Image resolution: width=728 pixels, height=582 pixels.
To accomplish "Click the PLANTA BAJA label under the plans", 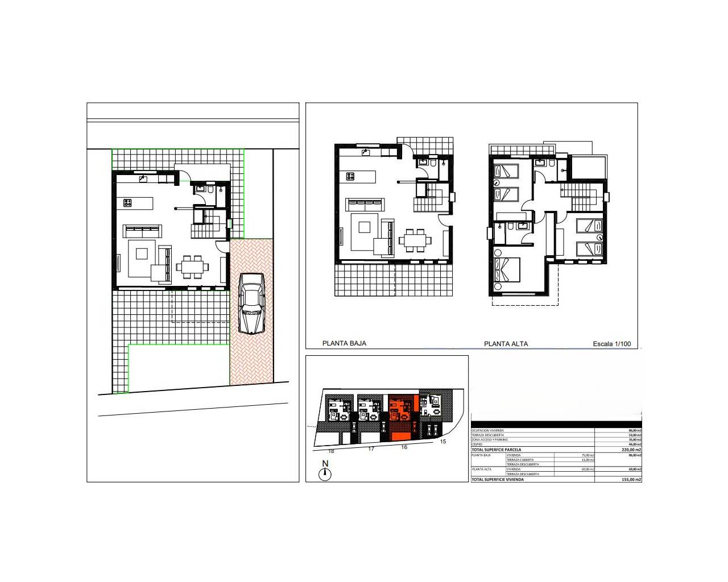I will pos(344,343).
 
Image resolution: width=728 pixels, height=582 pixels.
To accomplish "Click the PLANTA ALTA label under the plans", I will pos(506,344).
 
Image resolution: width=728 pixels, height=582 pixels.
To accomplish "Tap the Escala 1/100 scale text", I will pos(611,344).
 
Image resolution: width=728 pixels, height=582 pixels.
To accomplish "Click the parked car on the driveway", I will pos(251,303).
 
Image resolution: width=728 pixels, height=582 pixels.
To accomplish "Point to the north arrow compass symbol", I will pos(325,472).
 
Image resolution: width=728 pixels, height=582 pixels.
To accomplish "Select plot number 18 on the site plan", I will pos(331,451).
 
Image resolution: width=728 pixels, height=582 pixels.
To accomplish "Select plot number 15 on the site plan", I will pos(443,442).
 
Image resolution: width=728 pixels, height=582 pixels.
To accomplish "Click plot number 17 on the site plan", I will pos(371,449).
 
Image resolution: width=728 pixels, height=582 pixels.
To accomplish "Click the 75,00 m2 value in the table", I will pos(588,455).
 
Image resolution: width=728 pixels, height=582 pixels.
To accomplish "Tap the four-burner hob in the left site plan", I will pos(127,202).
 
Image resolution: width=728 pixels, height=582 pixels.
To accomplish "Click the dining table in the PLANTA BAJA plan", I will pos(415,240).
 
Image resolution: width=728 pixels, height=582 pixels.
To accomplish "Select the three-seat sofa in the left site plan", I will pos(143,230).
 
